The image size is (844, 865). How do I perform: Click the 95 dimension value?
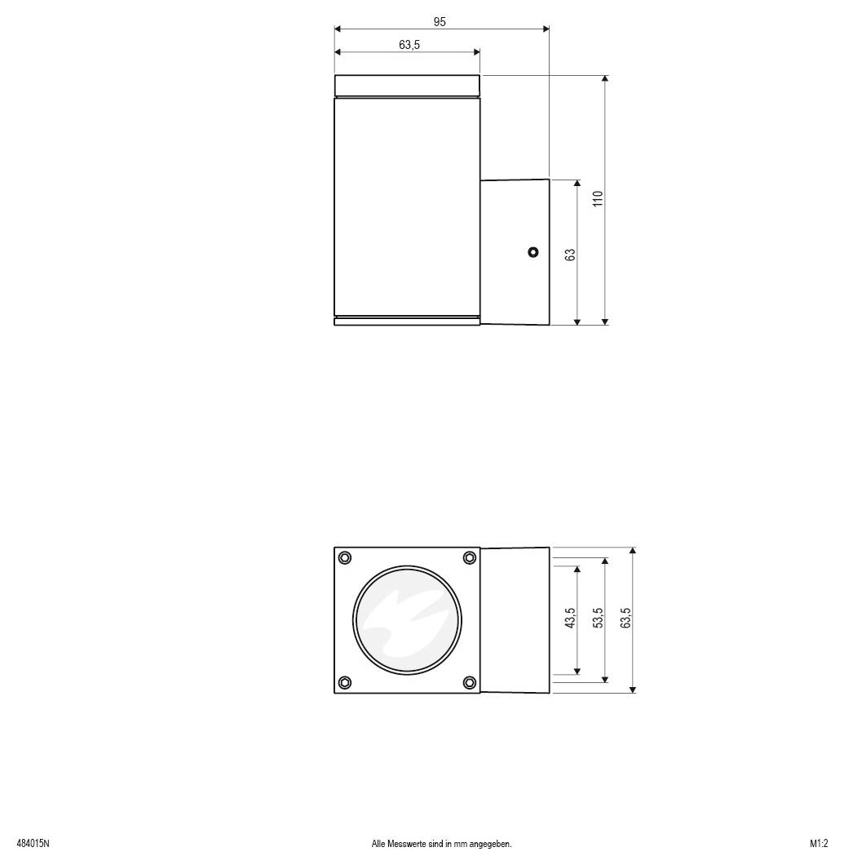click(440, 22)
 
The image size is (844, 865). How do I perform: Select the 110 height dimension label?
click(598, 198)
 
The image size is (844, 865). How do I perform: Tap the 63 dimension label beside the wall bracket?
click(570, 255)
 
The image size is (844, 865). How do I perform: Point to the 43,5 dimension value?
click(570, 618)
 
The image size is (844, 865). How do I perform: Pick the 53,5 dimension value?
click(598, 618)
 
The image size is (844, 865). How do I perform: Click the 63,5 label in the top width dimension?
click(409, 45)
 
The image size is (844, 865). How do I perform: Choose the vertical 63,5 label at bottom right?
click(625, 618)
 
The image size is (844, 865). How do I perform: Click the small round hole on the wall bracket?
click(532, 252)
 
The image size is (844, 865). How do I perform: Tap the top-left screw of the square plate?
click(345, 557)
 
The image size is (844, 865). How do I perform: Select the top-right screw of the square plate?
click(470, 557)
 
